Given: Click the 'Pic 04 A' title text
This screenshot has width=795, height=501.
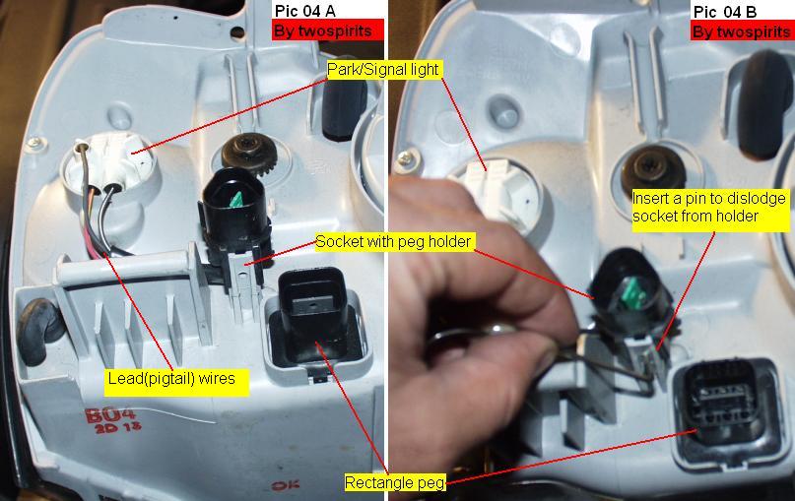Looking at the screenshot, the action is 304,10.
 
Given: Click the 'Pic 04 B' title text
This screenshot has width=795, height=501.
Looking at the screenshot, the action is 724,12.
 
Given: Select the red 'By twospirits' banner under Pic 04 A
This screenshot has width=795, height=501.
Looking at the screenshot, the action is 327,31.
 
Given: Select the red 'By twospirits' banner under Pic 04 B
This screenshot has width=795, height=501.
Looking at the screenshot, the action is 742,32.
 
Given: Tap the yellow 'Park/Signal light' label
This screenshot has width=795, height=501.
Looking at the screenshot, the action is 383,70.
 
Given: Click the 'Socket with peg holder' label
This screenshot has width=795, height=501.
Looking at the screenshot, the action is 393,241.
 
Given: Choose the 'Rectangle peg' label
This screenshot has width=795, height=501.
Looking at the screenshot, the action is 395,482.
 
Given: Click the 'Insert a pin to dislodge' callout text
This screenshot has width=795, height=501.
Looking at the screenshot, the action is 709,199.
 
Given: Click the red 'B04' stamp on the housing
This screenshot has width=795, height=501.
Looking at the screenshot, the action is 110,415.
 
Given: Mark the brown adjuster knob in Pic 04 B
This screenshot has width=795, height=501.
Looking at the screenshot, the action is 654,168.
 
